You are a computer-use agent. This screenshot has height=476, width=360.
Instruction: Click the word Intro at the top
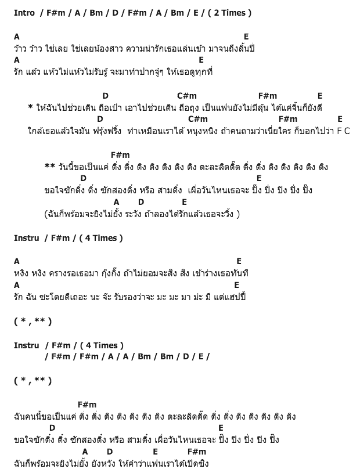coord(24,12)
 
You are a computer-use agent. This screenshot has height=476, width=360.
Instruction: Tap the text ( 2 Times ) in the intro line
coord(218,12)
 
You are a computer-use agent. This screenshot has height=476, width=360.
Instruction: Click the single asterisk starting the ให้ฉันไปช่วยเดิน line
coord(30,107)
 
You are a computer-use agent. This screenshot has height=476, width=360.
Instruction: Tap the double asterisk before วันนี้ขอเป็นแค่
coord(49,167)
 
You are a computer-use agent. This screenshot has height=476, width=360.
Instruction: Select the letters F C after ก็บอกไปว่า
coord(343,131)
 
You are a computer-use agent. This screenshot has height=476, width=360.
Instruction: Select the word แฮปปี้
coord(233,297)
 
